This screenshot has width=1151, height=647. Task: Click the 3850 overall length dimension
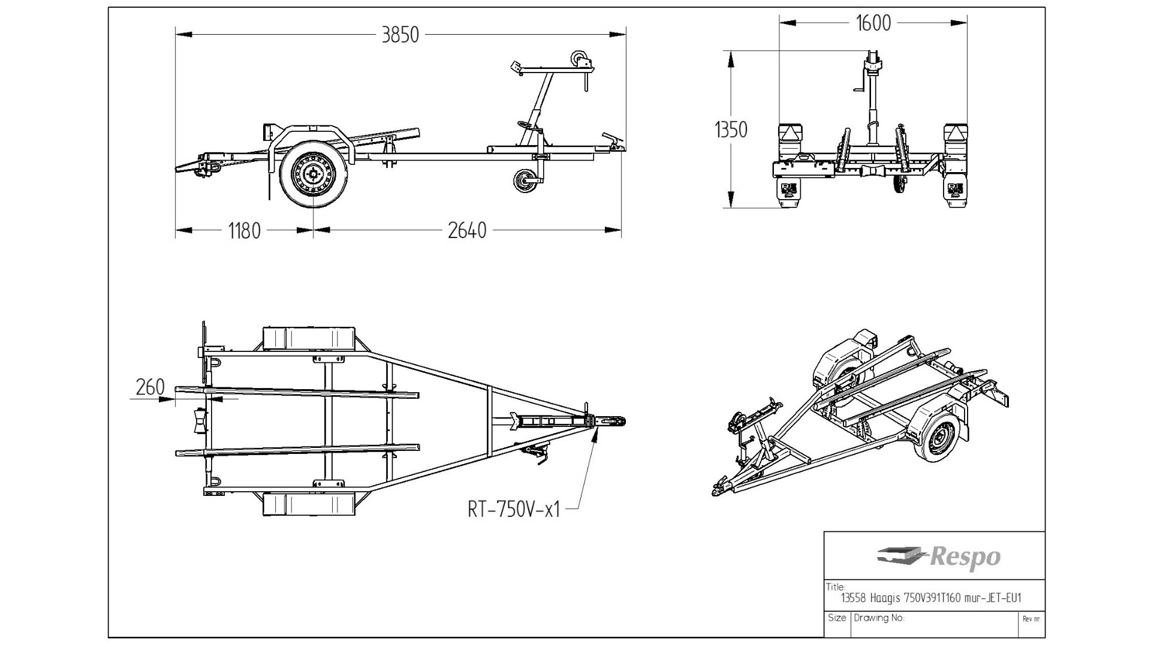(x=400, y=35)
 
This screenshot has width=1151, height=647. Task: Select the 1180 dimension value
(x=244, y=231)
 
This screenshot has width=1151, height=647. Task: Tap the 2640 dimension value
(x=467, y=231)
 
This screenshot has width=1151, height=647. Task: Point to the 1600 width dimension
(x=873, y=23)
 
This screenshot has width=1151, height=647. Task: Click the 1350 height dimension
(x=731, y=130)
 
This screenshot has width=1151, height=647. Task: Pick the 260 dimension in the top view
(x=150, y=387)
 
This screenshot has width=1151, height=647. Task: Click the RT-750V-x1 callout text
(x=514, y=509)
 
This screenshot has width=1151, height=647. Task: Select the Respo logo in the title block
(x=939, y=557)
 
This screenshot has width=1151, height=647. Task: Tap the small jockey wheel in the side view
(x=525, y=180)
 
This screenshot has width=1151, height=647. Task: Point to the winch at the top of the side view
(x=580, y=60)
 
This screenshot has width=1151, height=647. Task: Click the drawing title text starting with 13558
(x=931, y=598)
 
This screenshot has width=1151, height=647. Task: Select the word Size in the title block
(x=837, y=618)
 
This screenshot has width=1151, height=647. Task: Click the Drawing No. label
(x=879, y=618)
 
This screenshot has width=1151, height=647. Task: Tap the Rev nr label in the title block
(x=1031, y=619)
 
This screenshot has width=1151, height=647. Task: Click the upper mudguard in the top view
(x=309, y=338)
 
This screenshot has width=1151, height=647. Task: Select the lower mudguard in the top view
(x=309, y=504)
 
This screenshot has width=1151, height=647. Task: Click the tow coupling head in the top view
(x=611, y=422)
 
